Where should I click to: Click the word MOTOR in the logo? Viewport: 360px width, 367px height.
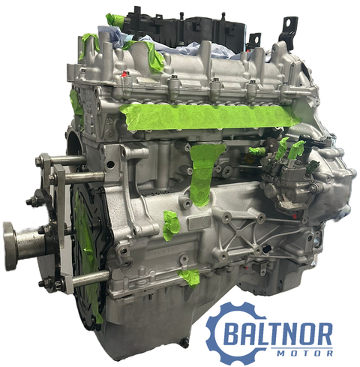305,353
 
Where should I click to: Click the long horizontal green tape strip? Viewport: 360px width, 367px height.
209,117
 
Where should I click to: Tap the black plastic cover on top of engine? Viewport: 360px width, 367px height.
185,30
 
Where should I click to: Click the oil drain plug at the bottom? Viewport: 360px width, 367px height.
185,343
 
